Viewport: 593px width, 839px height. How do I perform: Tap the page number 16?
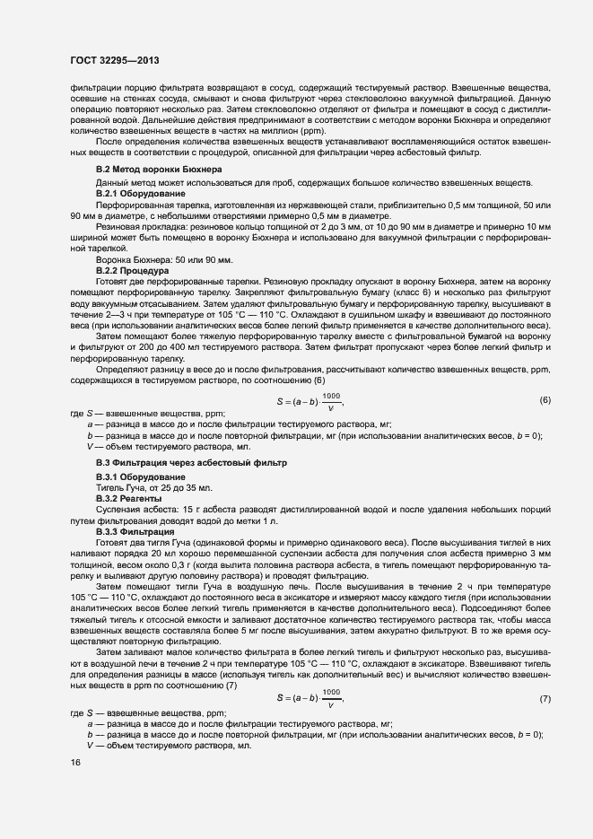tap(74, 762)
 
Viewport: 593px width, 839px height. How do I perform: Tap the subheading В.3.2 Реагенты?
tap(128, 497)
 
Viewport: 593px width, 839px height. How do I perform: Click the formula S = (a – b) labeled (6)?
tap(308, 400)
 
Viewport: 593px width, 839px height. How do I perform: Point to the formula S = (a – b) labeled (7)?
tap(308, 698)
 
